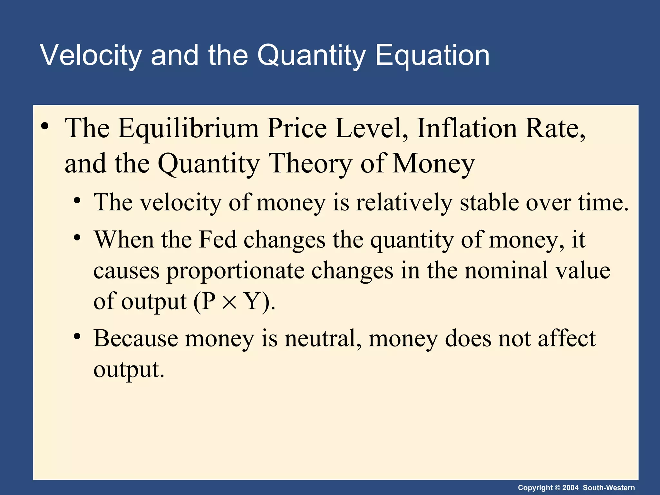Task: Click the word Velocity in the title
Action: point(91,55)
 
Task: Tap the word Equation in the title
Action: point(432,55)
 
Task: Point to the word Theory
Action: point(310,164)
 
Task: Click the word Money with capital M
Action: point(433,164)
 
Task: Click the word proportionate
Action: point(235,270)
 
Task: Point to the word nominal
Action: point(506,270)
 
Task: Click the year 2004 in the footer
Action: point(570,488)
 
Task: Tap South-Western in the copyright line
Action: point(609,488)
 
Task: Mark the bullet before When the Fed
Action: point(77,238)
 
